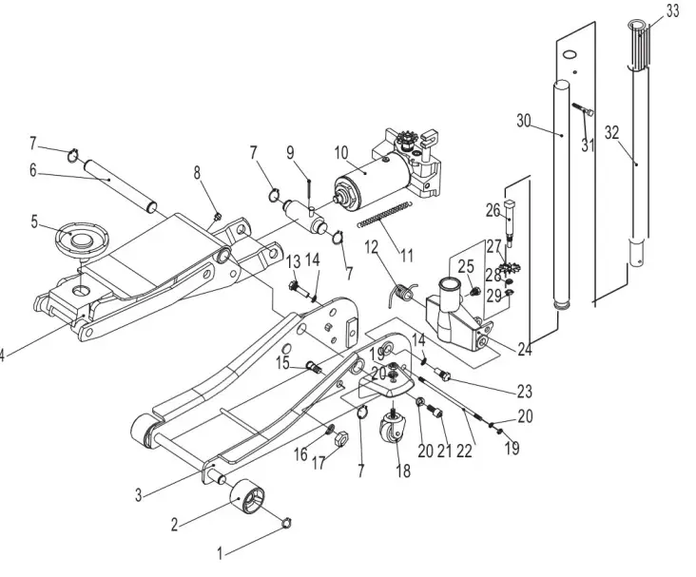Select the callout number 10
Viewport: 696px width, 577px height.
click(x=341, y=151)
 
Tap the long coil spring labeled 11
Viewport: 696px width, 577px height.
click(x=385, y=214)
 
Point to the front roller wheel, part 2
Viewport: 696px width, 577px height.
click(x=248, y=497)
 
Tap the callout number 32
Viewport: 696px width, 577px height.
click(x=611, y=133)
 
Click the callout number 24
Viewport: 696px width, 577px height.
click(x=523, y=348)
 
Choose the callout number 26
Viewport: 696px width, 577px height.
click(x=493, y=209)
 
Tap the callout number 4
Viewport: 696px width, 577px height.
click(x=3, y=356)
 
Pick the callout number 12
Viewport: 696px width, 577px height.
click(x=372, y=247)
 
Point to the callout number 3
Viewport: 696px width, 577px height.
click(x=138, y=495)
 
